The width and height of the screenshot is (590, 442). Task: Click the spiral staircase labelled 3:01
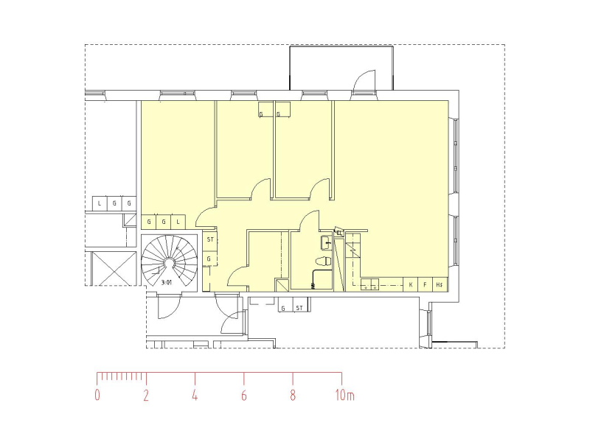(170, 261)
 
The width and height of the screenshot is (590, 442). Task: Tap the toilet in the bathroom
(322, 261)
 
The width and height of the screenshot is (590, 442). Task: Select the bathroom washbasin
(326, 242)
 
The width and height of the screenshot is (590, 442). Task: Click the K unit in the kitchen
(411, 284)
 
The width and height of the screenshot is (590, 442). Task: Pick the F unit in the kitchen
(425, 284)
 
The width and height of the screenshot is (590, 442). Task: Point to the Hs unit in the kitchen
(440, 284)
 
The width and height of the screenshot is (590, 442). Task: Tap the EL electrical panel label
(339, 233)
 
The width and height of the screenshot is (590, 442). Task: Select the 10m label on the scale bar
(344, 396)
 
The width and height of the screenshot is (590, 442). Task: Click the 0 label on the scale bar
(97, 396)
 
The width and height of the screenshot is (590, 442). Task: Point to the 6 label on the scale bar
(244, 396)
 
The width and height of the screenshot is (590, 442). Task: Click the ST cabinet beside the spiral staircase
(210, 240)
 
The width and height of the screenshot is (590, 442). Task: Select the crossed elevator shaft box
(113, 267)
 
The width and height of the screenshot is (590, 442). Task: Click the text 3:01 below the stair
(166, 282)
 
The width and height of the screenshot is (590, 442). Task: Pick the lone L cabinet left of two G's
(100, 203)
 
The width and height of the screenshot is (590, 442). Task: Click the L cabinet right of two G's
(178, 221)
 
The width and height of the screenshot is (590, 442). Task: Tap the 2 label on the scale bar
(146, 396)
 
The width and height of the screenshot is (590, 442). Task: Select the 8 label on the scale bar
(293, 396)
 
